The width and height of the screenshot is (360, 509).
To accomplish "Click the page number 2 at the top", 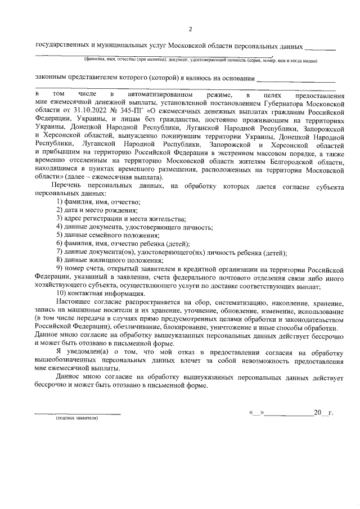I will [190, 29].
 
